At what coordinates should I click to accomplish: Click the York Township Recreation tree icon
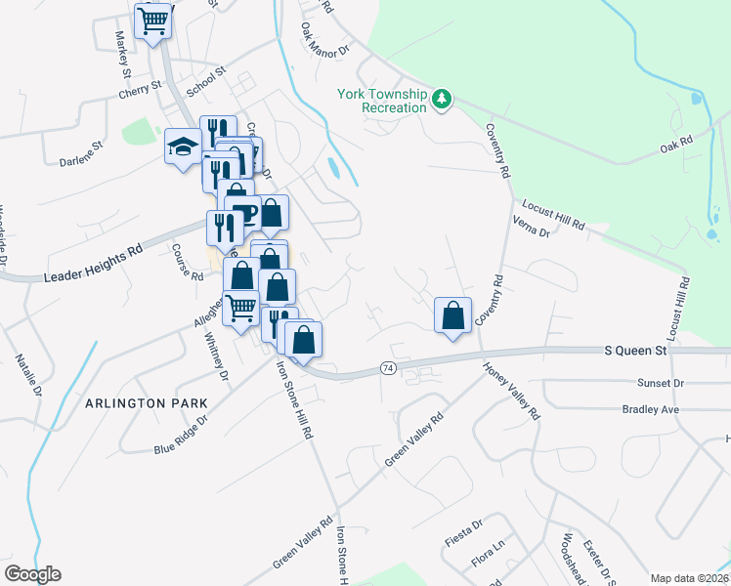443,99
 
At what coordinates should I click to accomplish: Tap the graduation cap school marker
183,146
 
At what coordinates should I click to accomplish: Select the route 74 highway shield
388,368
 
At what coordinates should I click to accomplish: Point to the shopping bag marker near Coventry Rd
452,315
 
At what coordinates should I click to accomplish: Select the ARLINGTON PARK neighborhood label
147,402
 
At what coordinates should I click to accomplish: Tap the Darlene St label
80,151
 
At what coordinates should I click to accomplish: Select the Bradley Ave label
650,409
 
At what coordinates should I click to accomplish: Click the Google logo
32,574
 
